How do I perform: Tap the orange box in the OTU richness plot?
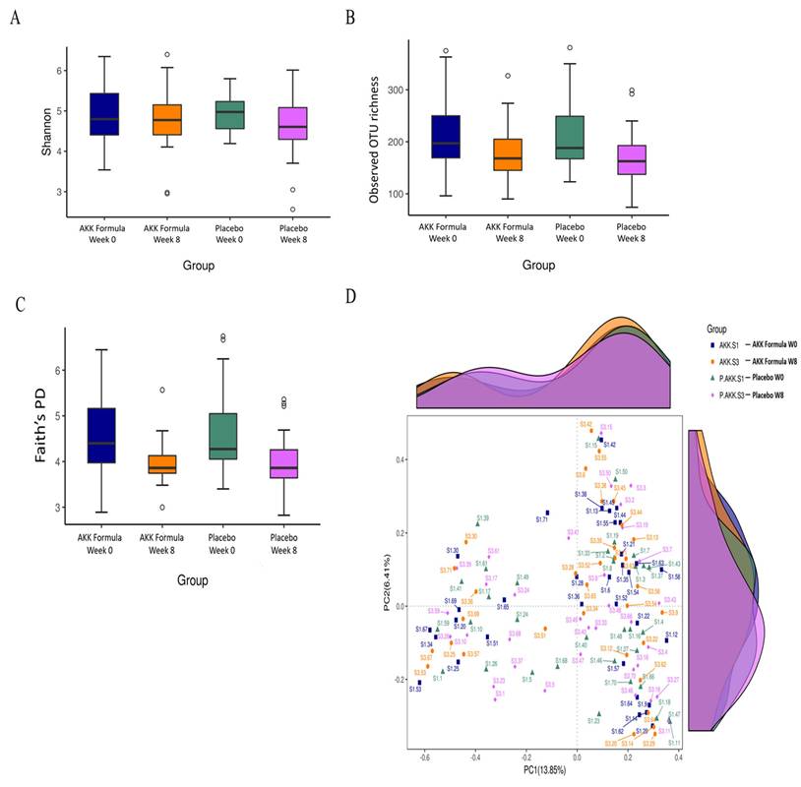tap(507, 155)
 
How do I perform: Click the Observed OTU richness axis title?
tap(375, 145)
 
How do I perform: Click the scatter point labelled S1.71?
tap(548, 513)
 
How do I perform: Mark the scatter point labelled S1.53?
tap(419, 682)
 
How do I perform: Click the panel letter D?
tap(352, 296)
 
